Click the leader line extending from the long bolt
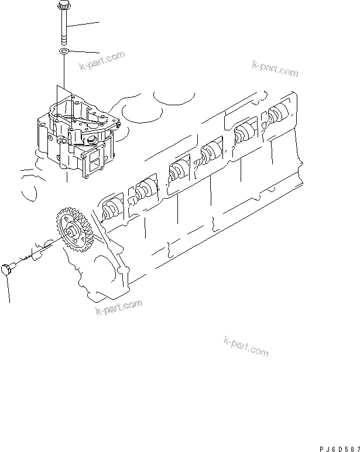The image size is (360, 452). tap(85, 23)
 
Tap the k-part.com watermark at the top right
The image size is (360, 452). tap(275, 68)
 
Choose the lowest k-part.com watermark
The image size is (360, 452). tap(246, 347)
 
